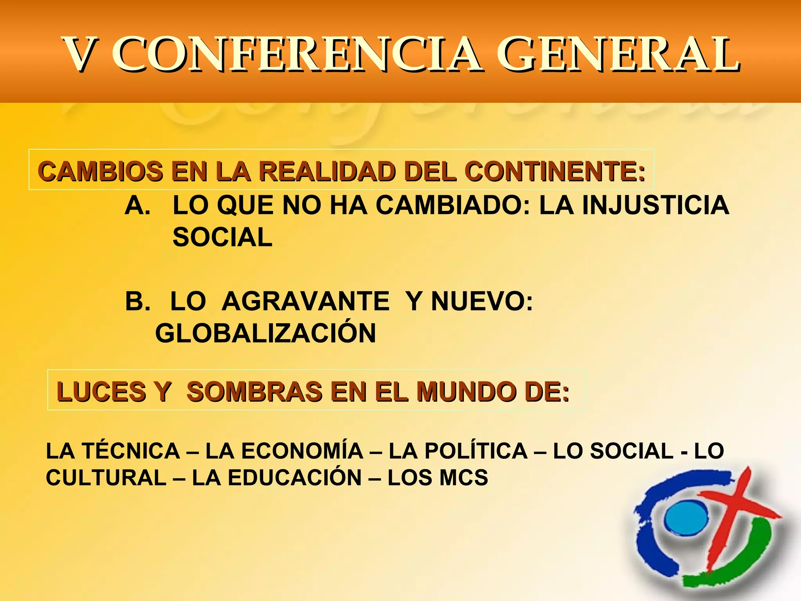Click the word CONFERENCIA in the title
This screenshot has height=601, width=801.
pos(297,55)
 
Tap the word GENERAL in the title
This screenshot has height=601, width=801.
pos(618,55)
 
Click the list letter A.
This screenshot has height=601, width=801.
pos(137,205)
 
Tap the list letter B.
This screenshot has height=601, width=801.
pos(137,301)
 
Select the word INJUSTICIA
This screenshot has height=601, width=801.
pos(656,205)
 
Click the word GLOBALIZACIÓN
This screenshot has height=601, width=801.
pos(266,333)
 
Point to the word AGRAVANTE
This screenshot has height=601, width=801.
pos(305,301)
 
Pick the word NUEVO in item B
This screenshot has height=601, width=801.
pos(481,301)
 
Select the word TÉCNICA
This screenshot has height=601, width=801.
pos(131,451)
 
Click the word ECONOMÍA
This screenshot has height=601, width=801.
pos(302,451)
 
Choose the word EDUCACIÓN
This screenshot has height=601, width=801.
pos(295,478)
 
